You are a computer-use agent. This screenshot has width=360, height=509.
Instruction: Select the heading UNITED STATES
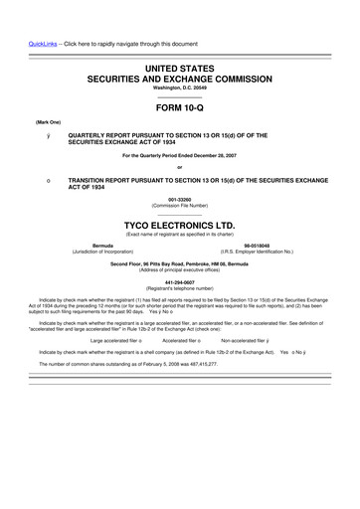tap(179, 65)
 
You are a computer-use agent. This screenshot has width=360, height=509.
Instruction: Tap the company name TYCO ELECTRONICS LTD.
tap(179, 226)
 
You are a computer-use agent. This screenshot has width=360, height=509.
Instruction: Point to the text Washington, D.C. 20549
tap(179, 87)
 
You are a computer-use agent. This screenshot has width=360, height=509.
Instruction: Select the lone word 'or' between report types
tap(179, 166)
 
